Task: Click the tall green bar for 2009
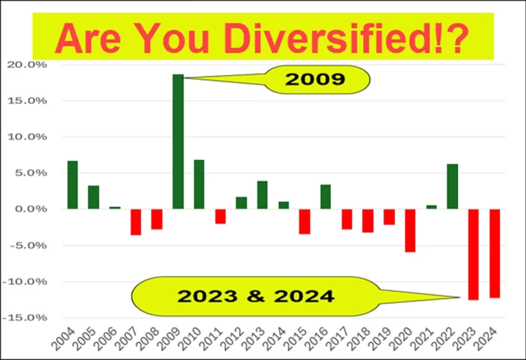tap(178, 142)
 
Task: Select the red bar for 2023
tap(473, 254)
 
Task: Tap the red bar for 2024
tap(495, 253)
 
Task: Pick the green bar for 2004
tap(73, 185)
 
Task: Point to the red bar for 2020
tap(410, 230)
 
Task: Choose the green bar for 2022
tap(452, 187)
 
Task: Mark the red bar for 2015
tap(304, 222)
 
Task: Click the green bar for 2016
tap(325, 196)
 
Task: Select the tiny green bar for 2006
tap(115, 208)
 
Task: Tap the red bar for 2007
tap(136, 222)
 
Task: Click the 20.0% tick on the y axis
tap(27, 65)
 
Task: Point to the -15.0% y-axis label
tap(25, 317)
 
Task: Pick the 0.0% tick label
tap(30, 209)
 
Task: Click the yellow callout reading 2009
tap(317, 79)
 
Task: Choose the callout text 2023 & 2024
tap(255, 296)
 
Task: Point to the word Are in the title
tap(88, 38)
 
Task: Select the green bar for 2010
tap(199, 184)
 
